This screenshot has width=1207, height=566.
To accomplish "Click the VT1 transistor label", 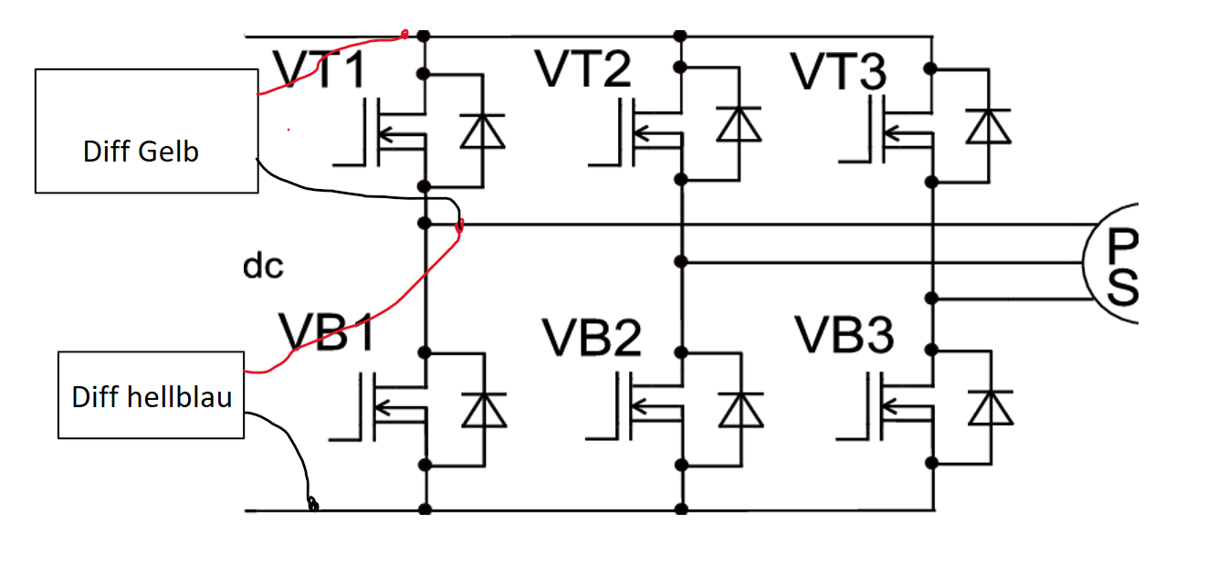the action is click(320, 69).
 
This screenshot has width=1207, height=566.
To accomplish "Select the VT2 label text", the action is click(583, 68).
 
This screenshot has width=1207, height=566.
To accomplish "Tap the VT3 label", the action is click(838, 71).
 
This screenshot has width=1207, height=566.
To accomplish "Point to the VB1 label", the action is click(327, 332).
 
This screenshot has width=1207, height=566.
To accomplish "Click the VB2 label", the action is click(592, 338).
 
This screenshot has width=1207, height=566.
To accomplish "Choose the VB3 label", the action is click(845, 335).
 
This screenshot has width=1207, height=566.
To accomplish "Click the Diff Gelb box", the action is click(147, 131).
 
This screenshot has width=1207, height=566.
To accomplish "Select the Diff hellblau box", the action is click(151, 395).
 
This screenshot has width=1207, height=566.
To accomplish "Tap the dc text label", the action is click(263, 266).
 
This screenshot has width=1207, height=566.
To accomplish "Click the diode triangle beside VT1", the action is click(483, 131).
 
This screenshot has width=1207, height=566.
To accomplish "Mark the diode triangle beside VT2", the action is click(739, 124).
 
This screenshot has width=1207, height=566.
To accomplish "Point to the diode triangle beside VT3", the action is click(988, 126).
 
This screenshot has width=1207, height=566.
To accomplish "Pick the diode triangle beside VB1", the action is click(485, 411).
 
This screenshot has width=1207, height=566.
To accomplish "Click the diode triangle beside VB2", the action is click(740, 411).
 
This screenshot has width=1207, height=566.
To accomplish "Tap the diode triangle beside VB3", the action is click(991, 408).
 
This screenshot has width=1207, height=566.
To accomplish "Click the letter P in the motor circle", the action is click(1122, 246).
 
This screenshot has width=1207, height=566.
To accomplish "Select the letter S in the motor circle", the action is click(1122, 288).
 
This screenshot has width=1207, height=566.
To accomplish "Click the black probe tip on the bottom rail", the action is click(313, 505).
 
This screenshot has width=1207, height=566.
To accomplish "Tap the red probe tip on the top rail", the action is click(404, 35).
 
